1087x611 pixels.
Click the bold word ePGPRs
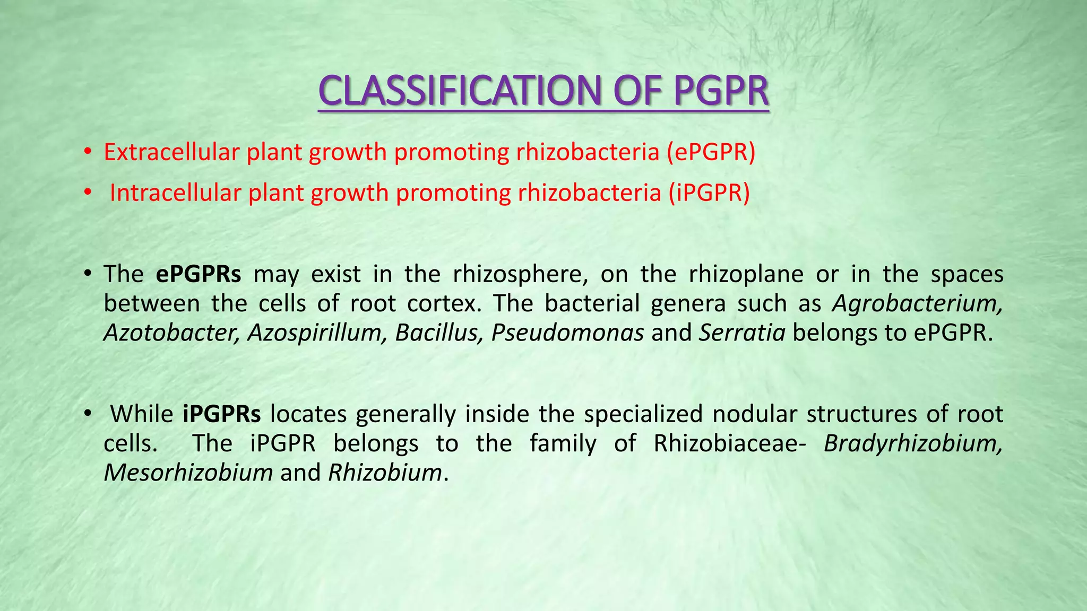pyautogui.click(x=199, y=274)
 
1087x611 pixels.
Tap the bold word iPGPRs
pyautogui.click(x=221, y=414)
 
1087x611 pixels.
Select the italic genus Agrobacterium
pyautogui.click(x=917, y=304)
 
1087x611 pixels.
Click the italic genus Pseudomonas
pyautogui.click(x=567, y=333)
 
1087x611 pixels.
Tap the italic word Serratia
pyautogui.click(x=742, y=333)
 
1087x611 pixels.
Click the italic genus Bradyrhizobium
pyautogui.click(x=913, y=443)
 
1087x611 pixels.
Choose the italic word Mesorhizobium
pyautogui.click(x=188, y=473)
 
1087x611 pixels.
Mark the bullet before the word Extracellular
pyautogui.click(x=88, y=153)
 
